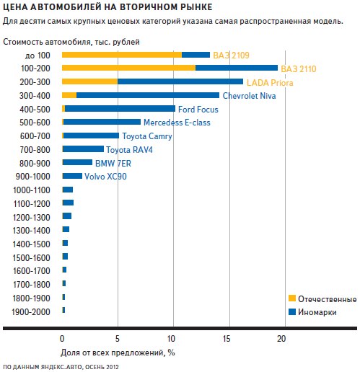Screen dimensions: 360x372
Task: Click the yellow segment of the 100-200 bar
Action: click(x=128, y=68)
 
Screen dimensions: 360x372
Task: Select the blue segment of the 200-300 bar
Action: click(x=180, y=81)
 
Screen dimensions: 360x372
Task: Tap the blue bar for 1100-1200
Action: click(x=68, y=203)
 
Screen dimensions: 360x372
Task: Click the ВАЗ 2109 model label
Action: click(x=231, y=56)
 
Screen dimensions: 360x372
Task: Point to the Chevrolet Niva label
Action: click(x=249, y=96)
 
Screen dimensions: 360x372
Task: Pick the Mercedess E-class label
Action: click(x=177, y=123)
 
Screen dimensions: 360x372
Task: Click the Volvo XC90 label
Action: click(x=105, y=177)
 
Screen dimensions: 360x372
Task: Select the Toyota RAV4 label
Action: click(x=129, y=150)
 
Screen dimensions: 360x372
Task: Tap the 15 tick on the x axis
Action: click(x=227, y=339)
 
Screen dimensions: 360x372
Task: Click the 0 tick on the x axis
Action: click(x=62, y=339)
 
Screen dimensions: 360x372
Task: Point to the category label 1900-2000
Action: click(x=31, y=312)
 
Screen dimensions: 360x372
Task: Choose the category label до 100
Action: click(x=38, y=56)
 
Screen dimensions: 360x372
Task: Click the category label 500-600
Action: click(x=35, y=123)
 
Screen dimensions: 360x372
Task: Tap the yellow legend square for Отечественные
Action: click(x=292, y=298)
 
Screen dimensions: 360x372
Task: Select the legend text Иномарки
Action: click(x=317, y=312)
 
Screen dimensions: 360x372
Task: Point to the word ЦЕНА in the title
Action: click(x=15, y=7)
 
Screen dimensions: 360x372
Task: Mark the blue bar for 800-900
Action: click(x=77, y=162)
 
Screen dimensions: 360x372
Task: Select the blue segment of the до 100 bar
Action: click(x=196, y=55)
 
